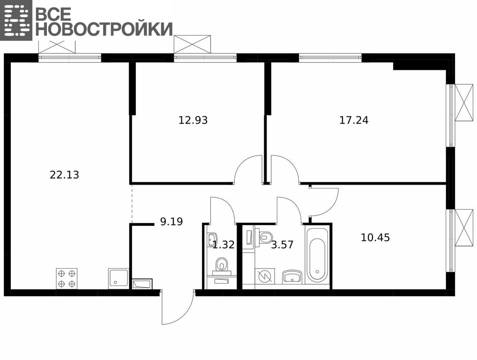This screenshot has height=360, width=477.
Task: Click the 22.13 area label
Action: click(64, 175)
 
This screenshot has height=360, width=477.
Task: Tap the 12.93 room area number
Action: click(193, 120)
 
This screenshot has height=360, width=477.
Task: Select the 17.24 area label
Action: click(354, 120)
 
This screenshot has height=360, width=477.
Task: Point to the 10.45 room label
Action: click(375, 237)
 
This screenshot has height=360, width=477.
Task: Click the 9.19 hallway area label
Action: click(171, 222)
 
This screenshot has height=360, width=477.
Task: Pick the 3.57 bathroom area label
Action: click(282, 245)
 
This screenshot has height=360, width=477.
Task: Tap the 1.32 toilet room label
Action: click(224, 245)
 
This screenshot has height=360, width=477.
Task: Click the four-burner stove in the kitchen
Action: click(67, 278)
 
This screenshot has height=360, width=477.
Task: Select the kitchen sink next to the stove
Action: click(119, 278)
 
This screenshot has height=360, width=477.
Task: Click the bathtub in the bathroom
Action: click(317, 255)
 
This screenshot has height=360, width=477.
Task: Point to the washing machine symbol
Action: click(265, 276)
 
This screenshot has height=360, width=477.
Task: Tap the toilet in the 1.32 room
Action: click(221, 264)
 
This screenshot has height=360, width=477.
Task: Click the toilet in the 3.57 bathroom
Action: click(266, 236)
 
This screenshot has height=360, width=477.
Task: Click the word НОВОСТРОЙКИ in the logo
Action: click(104, 29)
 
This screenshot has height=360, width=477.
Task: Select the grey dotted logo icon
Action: click(16, 20)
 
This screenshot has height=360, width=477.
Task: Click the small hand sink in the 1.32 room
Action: click(213, 239)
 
